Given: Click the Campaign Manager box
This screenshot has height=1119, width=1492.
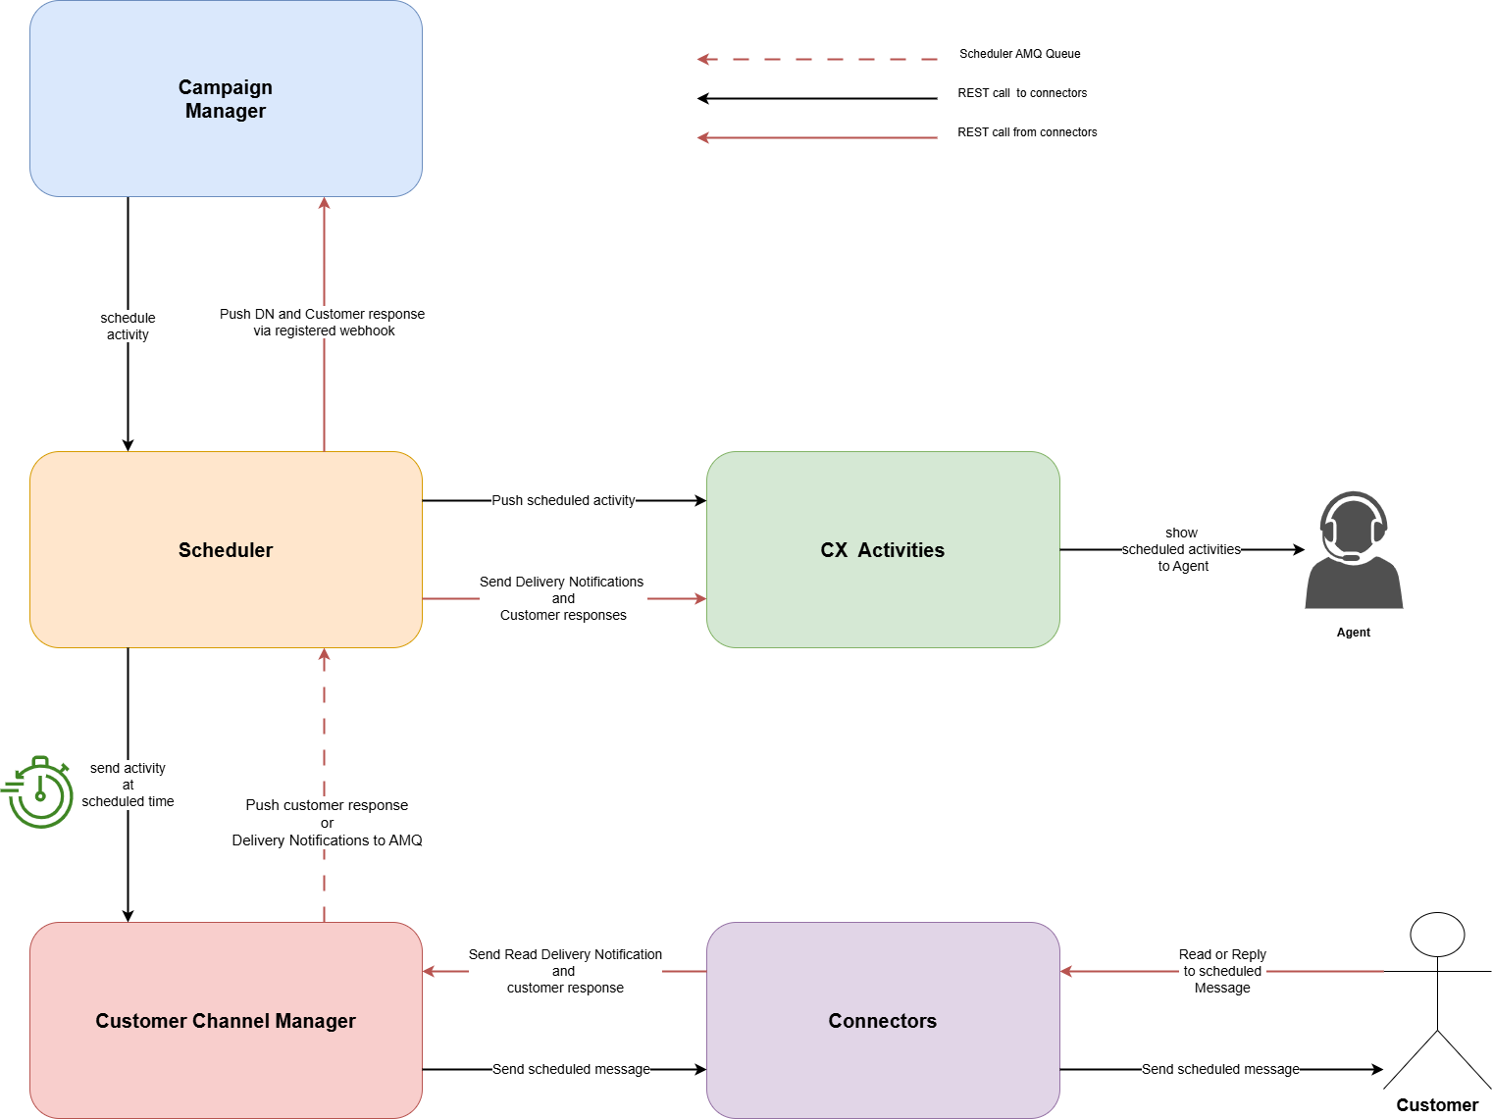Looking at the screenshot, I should point(226,99).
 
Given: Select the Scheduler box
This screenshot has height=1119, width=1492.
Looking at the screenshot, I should point(226,549).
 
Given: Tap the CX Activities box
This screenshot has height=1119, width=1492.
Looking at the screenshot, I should point(882,549).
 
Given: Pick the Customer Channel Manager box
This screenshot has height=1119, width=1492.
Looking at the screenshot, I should point(226,1020).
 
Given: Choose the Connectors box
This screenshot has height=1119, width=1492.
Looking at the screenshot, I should point(882,1020).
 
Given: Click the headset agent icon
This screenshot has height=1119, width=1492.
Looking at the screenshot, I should point(1354,550).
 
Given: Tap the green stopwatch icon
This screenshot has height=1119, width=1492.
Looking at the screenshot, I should point(39,791).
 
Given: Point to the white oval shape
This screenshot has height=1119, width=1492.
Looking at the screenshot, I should point(1437,934).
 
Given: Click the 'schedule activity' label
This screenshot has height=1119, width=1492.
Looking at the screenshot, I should point(128,326).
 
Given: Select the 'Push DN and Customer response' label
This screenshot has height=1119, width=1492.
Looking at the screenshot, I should point(323,322).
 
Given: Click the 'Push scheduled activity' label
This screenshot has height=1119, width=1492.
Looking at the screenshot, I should point(563,500).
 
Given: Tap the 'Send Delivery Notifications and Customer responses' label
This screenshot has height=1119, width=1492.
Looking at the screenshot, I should point(563,598).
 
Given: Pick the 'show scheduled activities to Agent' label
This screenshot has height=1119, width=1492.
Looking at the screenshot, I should point(1181,549).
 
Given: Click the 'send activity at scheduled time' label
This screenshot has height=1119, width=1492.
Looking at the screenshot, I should point(128,785).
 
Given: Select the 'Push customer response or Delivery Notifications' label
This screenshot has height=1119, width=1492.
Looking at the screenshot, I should point(327,822).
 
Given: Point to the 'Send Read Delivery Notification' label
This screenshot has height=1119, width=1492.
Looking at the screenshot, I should point(565,971).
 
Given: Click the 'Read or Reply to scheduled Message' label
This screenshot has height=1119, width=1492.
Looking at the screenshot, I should point(1222,971).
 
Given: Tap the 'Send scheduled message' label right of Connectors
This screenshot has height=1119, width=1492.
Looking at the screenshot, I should point(1220,1069).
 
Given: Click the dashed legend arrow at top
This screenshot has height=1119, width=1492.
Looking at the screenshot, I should point(816,59).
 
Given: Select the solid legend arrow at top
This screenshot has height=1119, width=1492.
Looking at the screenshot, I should point(816,137).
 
